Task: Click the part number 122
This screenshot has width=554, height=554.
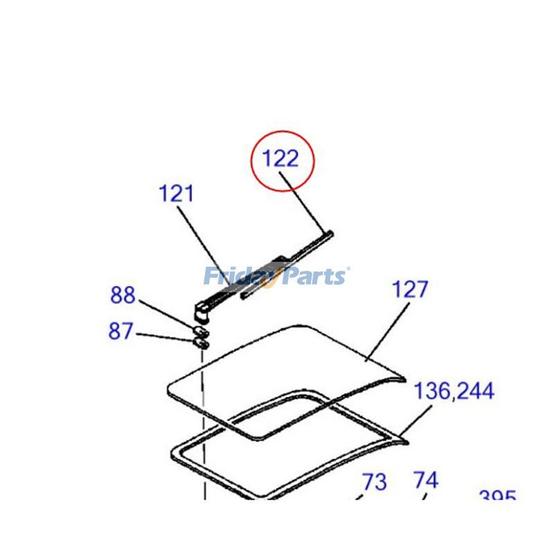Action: click(280, 159)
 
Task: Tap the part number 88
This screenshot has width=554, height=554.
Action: click(123, 296)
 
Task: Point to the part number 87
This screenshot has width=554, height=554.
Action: click(120, 332)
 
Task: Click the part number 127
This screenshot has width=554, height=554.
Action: click(411, 289)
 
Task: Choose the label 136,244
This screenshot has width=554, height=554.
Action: click(454, 391)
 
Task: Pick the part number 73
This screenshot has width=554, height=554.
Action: click(375, 481)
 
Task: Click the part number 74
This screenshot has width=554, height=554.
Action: click(426, 480)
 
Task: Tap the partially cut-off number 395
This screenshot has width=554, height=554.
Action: click(497, 497)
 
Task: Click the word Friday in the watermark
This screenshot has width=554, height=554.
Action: click(240, 276)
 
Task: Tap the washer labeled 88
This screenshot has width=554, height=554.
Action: click(199, 328)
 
